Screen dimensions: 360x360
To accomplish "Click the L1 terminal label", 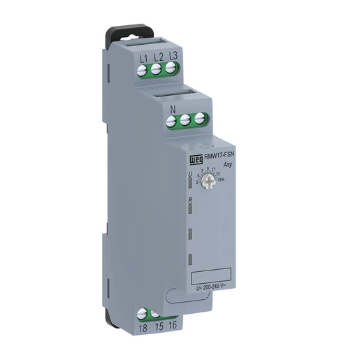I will (144, 57).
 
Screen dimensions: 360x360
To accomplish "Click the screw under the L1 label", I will (144, 69).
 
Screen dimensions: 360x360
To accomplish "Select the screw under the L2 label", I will (157, 69).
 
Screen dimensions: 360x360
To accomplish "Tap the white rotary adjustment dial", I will (207, 180).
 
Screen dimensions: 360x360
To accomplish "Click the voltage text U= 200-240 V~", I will (212, 288).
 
